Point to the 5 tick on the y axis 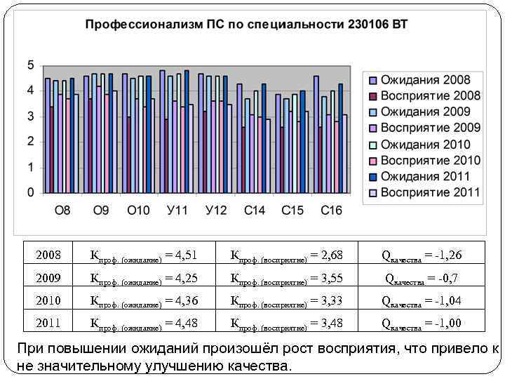pos(30,65)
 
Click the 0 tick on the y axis pos(30,192)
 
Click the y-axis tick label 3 pos(30,117)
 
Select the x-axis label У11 pos(177,211)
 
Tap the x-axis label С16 pos(331,211)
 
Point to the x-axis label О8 pos(62,211)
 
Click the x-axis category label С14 pos(255,211)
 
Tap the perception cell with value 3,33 pos(287,301)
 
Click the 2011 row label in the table pos(48,324)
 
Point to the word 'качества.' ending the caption pos(256,366)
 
